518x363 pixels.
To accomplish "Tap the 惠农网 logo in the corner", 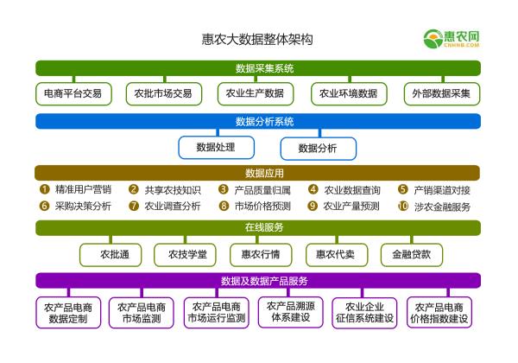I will tap(451, 39).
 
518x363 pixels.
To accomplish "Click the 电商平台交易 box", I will tap(73, 93).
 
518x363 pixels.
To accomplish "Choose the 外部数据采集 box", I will tap(441, 93).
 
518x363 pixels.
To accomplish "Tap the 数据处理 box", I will tap(217, 148).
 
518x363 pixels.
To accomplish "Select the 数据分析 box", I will tap(318, 148).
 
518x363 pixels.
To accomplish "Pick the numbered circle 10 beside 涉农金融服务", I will tap(402, 207).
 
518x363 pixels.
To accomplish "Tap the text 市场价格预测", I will tap(262, 207).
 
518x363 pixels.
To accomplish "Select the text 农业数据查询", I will tap(351, 189).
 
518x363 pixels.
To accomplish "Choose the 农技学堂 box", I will tap(185, 254).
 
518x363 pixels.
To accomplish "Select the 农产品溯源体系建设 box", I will tap(290, 312).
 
